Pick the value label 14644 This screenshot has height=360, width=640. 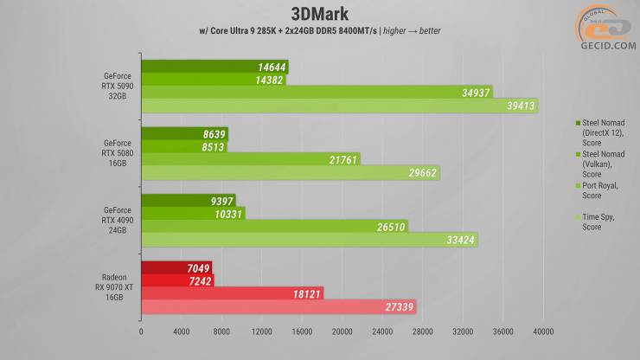coord(271,67)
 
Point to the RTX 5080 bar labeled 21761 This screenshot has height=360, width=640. coord(251,159)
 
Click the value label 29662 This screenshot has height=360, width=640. coord(420,172)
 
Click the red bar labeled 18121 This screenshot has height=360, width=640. coord(232,293)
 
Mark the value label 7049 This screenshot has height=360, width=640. coord(195,267)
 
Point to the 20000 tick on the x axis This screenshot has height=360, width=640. coord(342,330)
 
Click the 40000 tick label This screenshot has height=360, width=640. coord(543,330)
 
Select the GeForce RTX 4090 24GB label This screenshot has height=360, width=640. coord(117,220)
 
